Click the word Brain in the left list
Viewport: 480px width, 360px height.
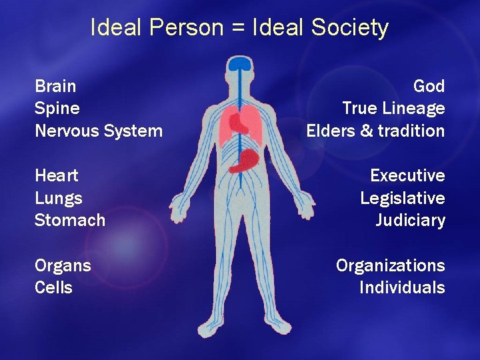tap(55, 86)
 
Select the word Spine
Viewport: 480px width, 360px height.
tap(57, 109)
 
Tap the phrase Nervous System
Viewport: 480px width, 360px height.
tap(98, 131)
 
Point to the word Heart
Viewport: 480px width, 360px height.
tap(56, 176)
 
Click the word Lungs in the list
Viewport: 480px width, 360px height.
tap(58, 199)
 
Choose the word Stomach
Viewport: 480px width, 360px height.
tap(69, 220)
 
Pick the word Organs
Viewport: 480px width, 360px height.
tap(63, 266)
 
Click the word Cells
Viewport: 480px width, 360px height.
tap(53, 288)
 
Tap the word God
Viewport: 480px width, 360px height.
tap(429, 86)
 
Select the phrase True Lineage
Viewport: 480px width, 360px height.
tap(393, 109)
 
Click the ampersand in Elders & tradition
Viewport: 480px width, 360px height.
tap(367, 131)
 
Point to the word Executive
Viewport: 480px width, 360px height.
tap(407, 176)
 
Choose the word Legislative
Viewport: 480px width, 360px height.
tap(403, 199)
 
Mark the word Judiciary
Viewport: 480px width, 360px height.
tap(410, 221)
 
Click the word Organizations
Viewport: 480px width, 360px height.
tap(390, 266)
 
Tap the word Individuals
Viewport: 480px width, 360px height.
tap(402, 288)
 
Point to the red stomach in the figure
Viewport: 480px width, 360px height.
tap(246, 160)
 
